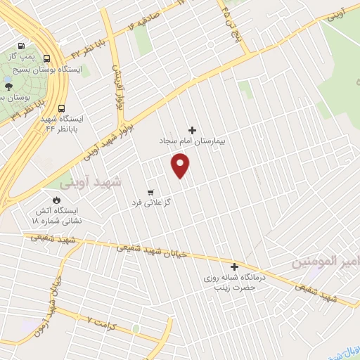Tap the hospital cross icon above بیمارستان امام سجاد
(x=193, y=130)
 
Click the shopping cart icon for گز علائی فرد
(x=150, y=192)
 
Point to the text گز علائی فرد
(x=151, y=202)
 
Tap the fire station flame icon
(x=49, y=199)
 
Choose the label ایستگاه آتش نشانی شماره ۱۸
(x=56, y=215)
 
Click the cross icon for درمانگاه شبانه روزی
(x=234, y=266)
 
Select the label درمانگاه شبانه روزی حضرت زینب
(x=233, y=283)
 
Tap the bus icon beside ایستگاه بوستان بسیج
(x=46, y=59)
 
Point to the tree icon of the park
(x=8, y=86)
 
